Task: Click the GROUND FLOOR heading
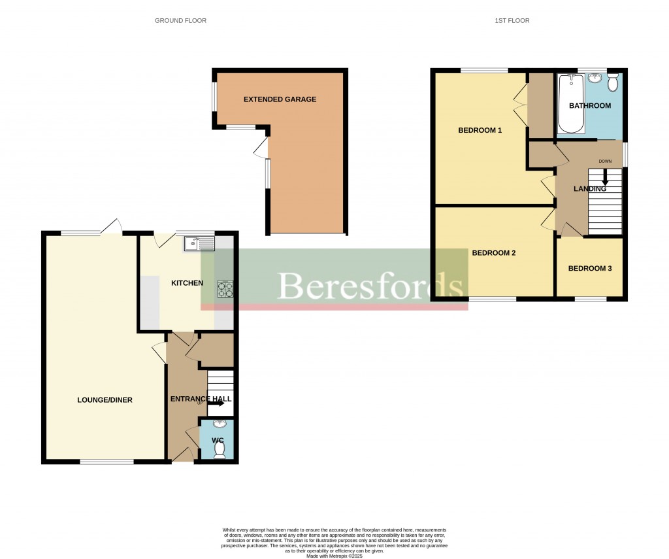click(180, 21)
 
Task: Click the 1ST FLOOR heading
click(512, 21)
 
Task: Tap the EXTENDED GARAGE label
click(280, 99)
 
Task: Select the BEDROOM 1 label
click(480, 130)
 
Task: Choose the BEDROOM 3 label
click(590, 268)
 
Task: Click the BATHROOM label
click(590, 106)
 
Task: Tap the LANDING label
click(590, 189)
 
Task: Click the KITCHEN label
click(187, 283)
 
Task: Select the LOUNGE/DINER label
click(105, 399)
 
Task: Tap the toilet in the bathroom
click(613, 82)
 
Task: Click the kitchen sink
click(199, 244)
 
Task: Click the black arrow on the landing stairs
click(605, 177)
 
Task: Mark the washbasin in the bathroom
click(595, 79)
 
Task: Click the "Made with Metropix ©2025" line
click(334, 556)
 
